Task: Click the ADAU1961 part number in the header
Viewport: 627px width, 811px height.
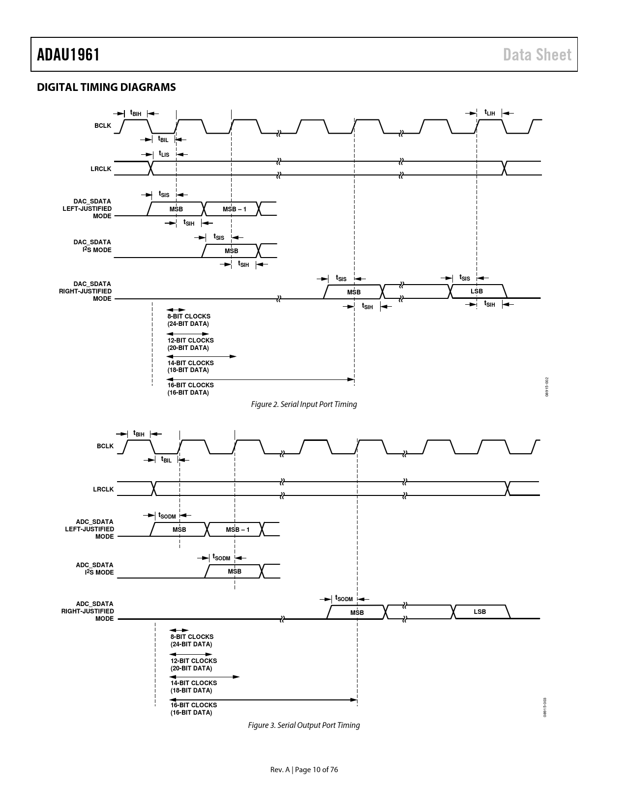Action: click(68, 55)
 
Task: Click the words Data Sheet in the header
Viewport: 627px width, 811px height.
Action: click(537, 55)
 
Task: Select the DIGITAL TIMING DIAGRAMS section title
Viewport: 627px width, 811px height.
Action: click(106, 87)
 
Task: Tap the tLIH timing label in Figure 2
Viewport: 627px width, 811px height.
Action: click(489, 113)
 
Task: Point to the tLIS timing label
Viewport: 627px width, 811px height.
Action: click(164, 154)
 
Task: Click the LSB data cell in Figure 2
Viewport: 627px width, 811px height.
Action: click(477, 291)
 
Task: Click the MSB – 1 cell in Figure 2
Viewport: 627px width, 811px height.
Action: click(235, 209)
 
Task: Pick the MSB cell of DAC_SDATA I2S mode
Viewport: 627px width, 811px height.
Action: click(231, 251)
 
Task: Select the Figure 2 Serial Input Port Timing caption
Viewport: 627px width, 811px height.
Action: click(304, 404)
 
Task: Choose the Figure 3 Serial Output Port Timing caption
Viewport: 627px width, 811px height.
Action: click(304, 725)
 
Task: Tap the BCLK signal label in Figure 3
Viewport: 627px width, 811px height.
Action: click(105, 446)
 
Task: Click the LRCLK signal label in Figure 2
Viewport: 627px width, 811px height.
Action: click(101, 169)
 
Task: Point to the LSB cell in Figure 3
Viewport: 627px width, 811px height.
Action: click(480, 612)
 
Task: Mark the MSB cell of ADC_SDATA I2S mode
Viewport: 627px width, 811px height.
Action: click(235, 572)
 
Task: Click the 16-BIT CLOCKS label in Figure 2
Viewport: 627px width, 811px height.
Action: click(190, 385)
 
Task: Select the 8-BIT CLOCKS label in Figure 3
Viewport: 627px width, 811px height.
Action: click(192, 637)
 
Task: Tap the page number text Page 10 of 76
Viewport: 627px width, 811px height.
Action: click(317, 770)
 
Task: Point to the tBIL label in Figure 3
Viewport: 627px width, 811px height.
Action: click(166, 460)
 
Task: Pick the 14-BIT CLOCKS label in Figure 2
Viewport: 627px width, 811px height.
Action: click(190, 363)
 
